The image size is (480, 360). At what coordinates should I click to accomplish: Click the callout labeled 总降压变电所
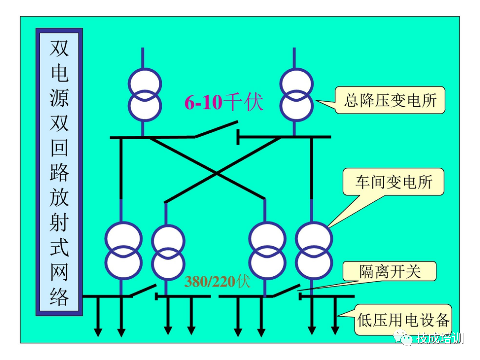click(390, 101)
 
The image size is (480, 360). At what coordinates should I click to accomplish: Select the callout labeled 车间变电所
click(393, 182)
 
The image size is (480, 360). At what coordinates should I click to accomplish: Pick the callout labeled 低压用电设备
click(403, 319)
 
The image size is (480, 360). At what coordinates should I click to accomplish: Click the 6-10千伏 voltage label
click(223, 103)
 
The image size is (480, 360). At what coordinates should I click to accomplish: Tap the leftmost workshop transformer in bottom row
click(123, 249)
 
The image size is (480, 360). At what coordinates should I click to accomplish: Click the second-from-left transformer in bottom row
click(168, 249)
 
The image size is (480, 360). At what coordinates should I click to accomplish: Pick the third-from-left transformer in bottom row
click(268, 249)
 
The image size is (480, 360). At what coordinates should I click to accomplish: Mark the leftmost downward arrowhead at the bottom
click(98, 331)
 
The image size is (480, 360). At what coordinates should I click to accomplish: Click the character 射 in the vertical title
click(59, 223)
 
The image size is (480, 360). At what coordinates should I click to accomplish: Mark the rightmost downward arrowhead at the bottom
click(335, 331)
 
